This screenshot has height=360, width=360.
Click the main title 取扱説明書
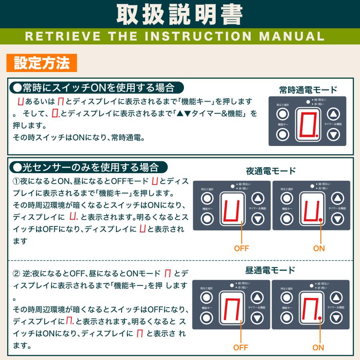(180, 15)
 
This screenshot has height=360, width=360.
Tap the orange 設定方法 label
(42, 63)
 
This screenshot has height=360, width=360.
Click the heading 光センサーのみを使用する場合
(88, 166)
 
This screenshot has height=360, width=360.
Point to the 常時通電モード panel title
(308, 89)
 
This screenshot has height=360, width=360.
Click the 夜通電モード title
(271, 171)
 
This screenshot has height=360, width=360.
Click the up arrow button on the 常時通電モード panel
(333, 114)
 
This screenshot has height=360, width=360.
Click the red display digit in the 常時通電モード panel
(307, 124)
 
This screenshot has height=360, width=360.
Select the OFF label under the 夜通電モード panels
(241, 248)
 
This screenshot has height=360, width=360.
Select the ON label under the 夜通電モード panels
(319, 248)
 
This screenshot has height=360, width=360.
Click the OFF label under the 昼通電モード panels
(240, 347)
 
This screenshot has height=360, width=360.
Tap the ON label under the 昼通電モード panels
(318, 347)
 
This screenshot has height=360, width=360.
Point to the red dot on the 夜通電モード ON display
(321, 220)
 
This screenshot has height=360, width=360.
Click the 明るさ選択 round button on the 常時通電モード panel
(283, 114)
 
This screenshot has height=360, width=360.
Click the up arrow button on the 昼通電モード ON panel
(337, 297)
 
